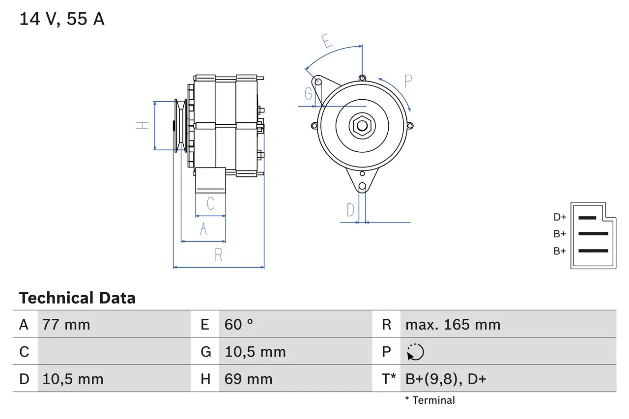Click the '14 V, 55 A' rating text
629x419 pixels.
pyautogui.click(x=61, y=19)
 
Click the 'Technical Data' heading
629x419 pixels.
pyautogui.click(x=77, y=298)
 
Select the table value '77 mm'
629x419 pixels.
pyautogui.click(x=66, y=325)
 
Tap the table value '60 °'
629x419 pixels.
pyautogui.click(x=239, y=325)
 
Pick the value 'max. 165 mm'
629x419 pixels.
pyautogui.click(x=453, y=325)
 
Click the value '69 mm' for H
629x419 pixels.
pyautogui.click(x=248, y=379)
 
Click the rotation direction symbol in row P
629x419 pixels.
pyautogui.click(x=415, y=352)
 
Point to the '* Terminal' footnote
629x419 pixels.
pyautogui.click(x=430, y=400)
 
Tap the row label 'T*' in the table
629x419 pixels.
pyautogui.click(x=389, y=379)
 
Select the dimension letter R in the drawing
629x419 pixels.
pyautogui.click(x=219, y=255)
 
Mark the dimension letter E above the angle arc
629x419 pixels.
pyautogui.click(x=327, y=41)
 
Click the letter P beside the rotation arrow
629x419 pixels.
pyautogui.click(x=408, y=81)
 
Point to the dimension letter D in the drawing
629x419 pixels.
pyautogui.click(x=350, y=210)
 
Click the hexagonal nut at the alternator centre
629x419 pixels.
pyautogui.click(x=362, y=125)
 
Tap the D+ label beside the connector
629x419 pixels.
pyautogui.click(x=560, y=217)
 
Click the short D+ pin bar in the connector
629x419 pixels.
pyautogui.click(x=587, y=217)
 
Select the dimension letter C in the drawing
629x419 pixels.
pyautogui.click(x=210, y=203)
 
